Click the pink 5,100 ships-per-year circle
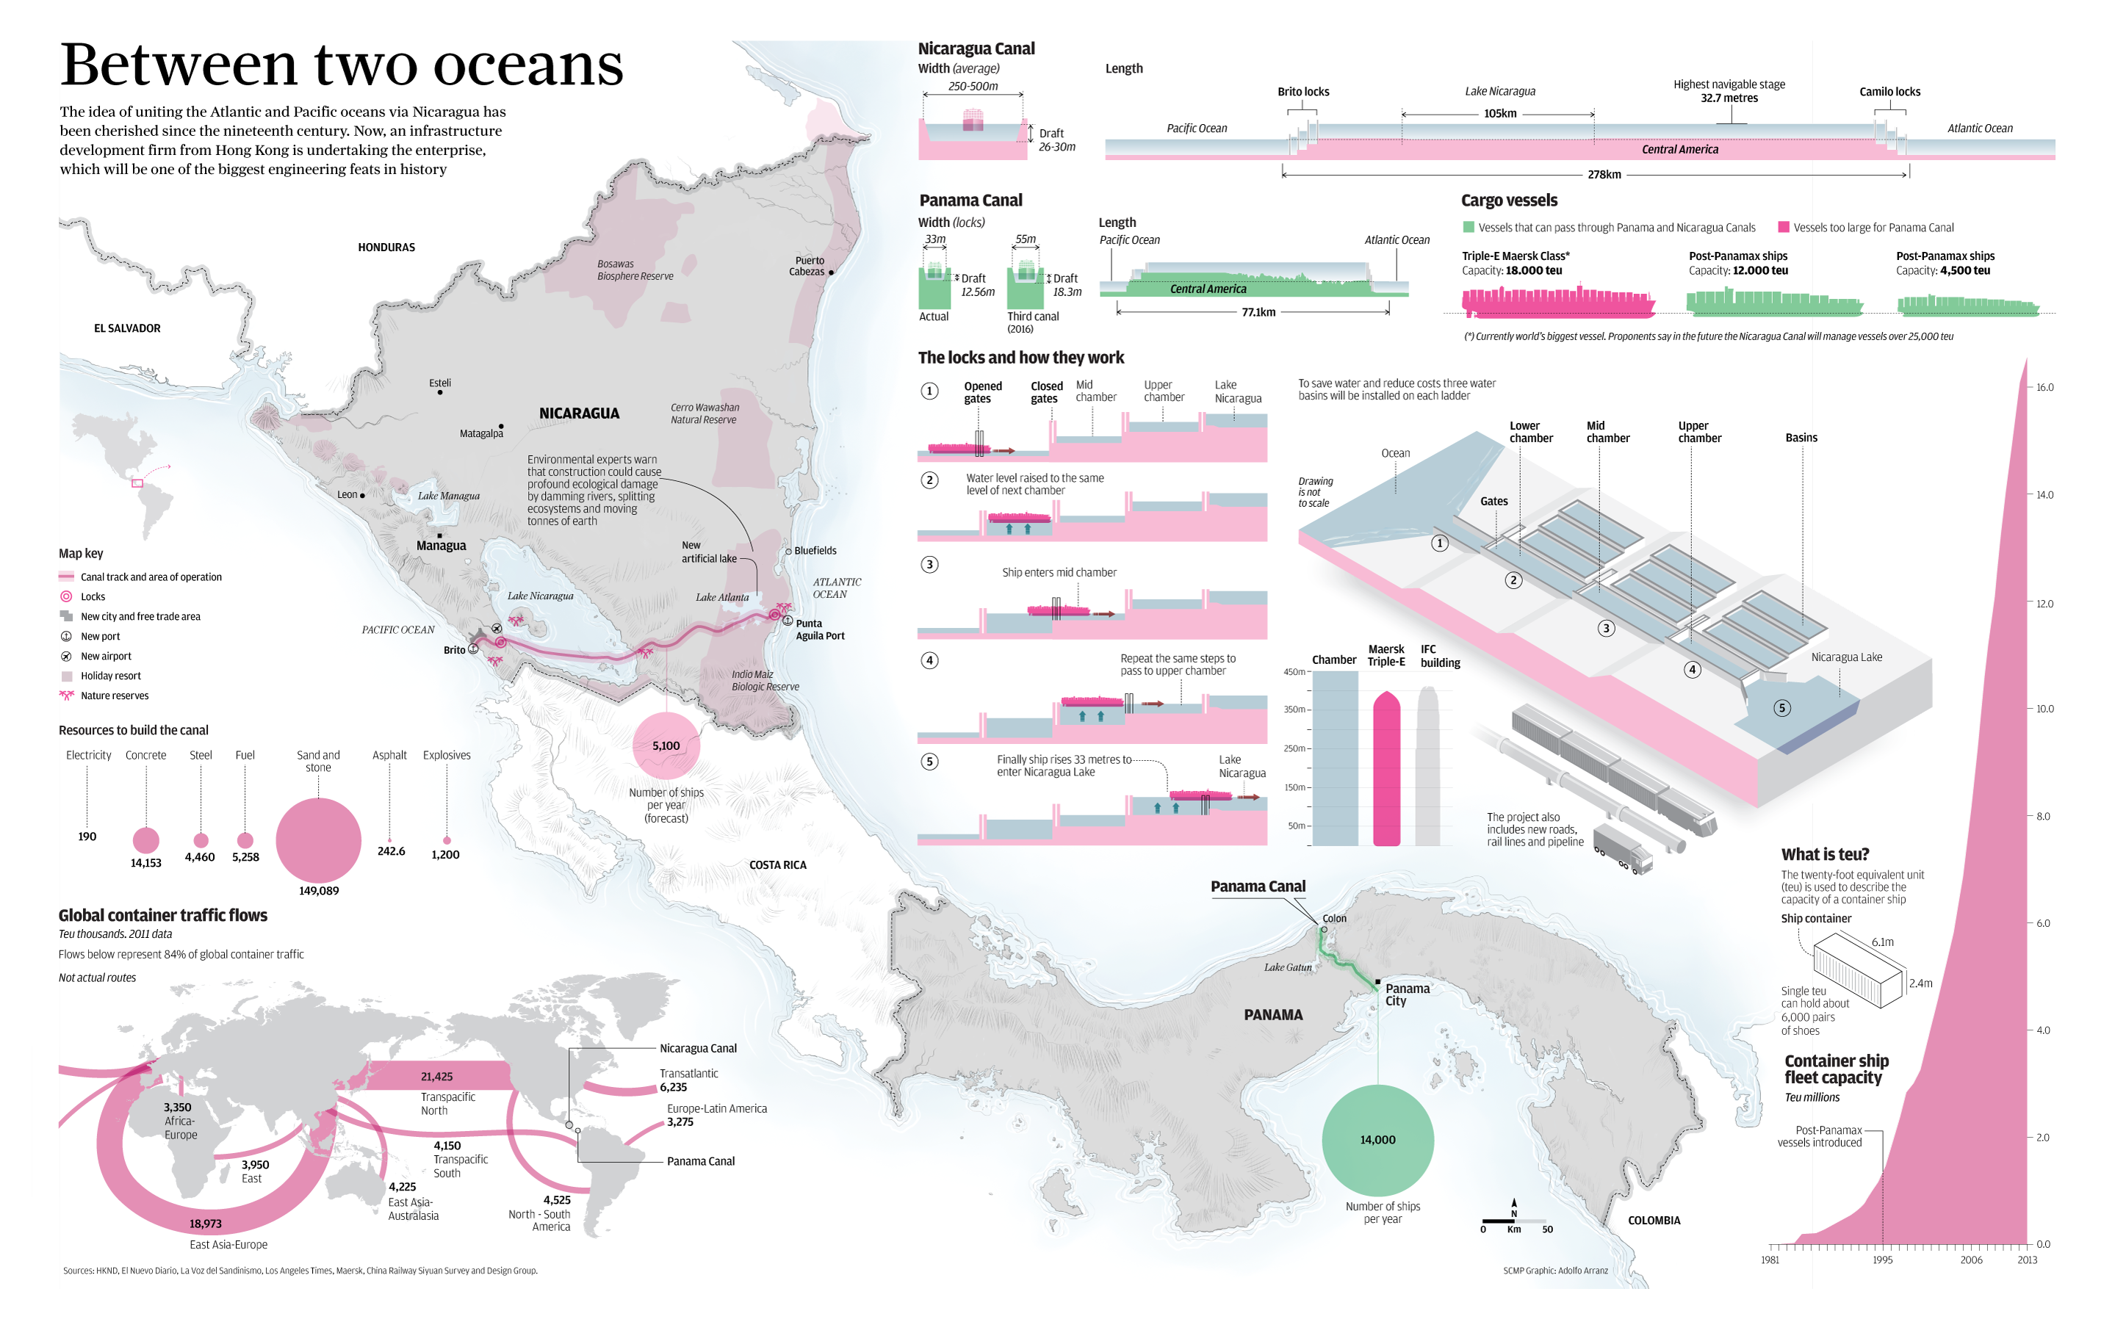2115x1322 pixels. pyautogui.click(x=666, y=745)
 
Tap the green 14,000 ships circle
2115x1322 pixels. pyautogui.click(x=1377, y=1140)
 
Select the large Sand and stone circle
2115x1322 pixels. pyautogui.click(x=318, y=840)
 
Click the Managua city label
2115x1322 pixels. pyautogui.click(x=441, y=546)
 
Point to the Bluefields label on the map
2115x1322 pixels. pyautogui.click(x=815, y=551)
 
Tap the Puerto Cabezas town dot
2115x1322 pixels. pyautogui.click(x=831, y=272)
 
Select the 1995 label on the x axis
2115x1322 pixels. pyautogui.click(x=1881, y=1260)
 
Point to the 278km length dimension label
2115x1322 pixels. pyautogui.click(x=1604, y=175)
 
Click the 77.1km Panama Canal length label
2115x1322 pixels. pyautogui.click(x=1258, y=312)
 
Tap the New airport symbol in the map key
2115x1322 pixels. pyautogui.click(x=65, y=657)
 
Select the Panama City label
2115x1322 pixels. pyautogui.click(x=1407, y=994)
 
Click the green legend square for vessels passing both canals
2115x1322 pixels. pyautogui.click(x=1468, y=228)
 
